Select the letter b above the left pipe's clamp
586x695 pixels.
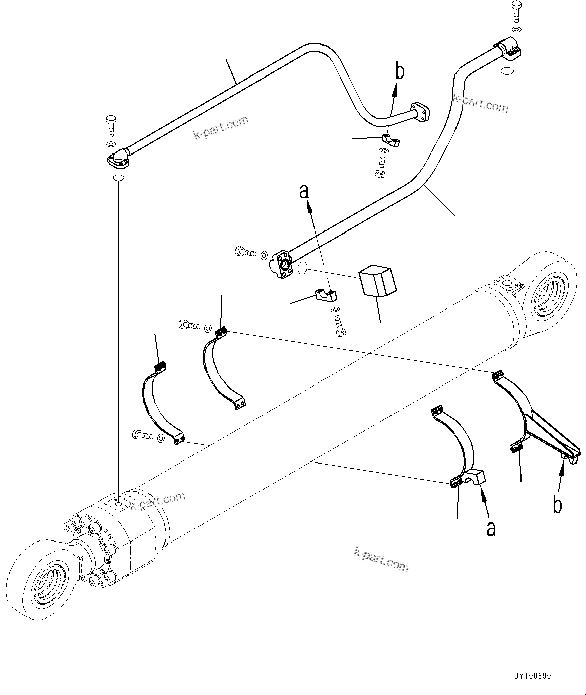click(x=399, y=71)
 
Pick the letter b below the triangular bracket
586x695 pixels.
click(x=557, y=505)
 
